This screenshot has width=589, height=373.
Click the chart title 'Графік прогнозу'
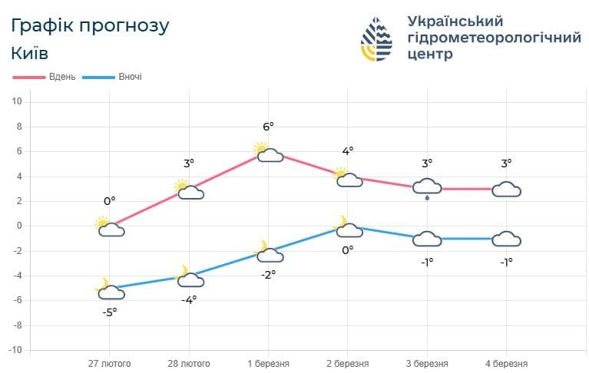(91, 25)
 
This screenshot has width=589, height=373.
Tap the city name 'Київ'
(30, 54)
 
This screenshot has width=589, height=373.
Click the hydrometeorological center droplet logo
(377, 38)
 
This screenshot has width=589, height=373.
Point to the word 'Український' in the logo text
(454, 21)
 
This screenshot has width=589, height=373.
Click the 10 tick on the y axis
(17, 102)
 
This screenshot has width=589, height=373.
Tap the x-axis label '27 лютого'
(109, 363)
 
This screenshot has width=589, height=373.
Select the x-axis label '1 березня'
(268, 363)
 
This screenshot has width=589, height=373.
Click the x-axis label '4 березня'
(506, 363)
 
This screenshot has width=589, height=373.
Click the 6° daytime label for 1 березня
(268, 127)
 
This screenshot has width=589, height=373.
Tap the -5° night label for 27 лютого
(110, 312)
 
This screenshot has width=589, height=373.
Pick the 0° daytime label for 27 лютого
(109, 201)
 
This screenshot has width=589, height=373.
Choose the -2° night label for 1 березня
(268, 274)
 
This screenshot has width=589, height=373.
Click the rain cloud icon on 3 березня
(427, 188)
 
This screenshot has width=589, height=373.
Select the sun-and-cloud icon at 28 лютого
(188, 190)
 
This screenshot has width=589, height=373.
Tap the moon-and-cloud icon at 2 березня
(347, 227)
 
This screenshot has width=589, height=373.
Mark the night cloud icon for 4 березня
(506, 239)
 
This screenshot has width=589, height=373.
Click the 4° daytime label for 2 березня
(347, 152)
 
